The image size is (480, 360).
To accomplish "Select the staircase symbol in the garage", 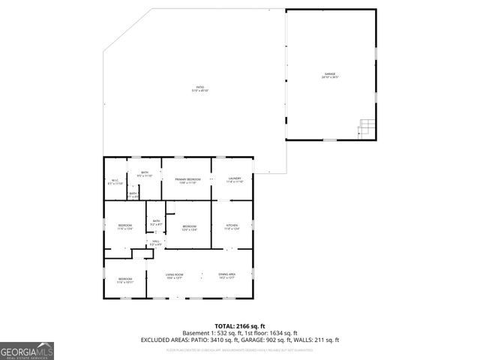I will click(365, 128).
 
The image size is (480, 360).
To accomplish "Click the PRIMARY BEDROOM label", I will click(187, 180).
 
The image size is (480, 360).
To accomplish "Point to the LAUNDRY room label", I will click(235, 180).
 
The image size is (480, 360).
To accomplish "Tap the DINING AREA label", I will click(227, 276).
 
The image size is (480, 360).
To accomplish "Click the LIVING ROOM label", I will click(175, 276).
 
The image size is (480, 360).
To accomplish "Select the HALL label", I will click(156, 242).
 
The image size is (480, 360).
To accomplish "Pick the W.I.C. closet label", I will click(115, 181).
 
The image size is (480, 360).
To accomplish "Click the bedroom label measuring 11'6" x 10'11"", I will click(124, 280).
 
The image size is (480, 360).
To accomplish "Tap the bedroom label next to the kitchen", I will click(190, 228).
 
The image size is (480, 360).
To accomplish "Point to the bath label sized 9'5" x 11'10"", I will click(145, 174).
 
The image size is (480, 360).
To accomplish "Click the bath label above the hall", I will click(157, 222).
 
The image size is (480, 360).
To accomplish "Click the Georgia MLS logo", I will click(27, 351).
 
